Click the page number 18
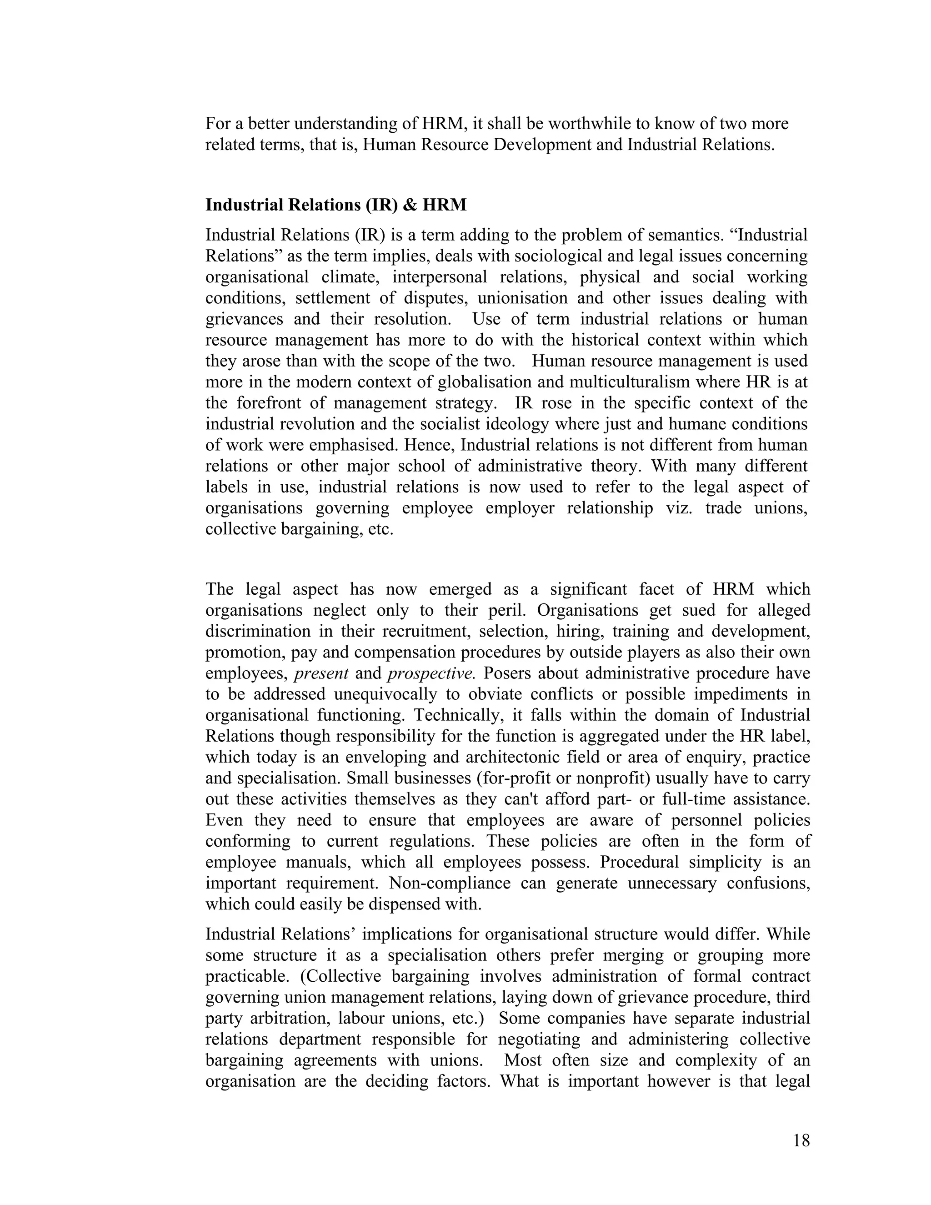(x=801, y=1140)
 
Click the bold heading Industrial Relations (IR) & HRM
(x=336, y=205)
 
